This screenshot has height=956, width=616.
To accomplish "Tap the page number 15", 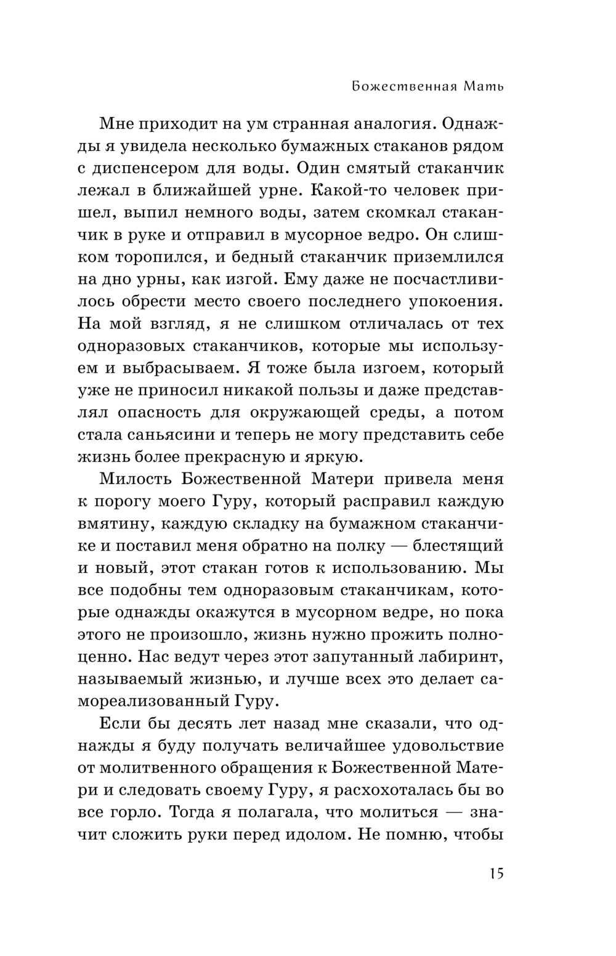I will click(496, 873).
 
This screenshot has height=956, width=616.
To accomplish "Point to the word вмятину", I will click(117, 523).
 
